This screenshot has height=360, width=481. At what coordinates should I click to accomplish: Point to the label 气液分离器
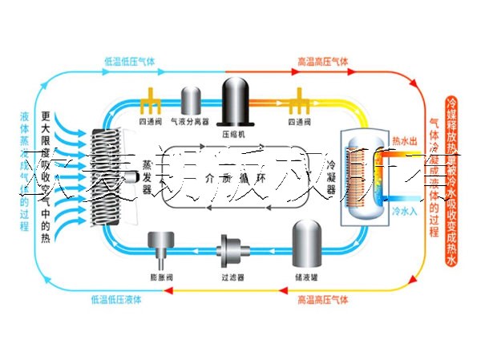tap(192, 123)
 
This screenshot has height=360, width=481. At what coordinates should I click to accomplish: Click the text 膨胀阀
tap(161, 277)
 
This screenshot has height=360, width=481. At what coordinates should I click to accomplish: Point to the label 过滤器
tap(232, 277)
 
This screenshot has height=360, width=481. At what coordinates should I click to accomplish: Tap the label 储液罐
tap(306, 277)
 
